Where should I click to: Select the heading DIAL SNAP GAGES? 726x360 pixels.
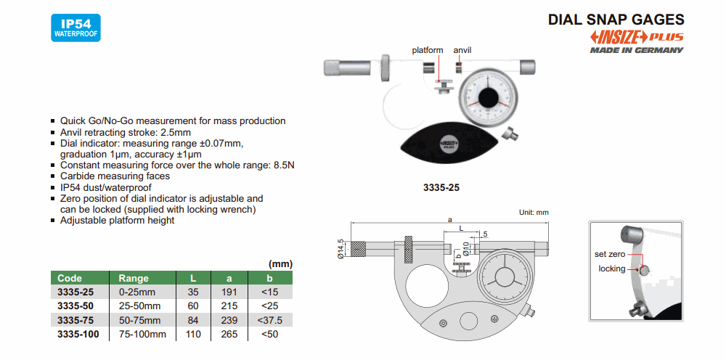pyautogui.click(x=616, y=20)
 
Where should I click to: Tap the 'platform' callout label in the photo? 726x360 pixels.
pyautogui.click(x=427, y=50)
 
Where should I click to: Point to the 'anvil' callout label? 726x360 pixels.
pyautogui.click(x=462, y=50)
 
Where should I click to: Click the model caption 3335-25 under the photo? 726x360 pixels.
pyautogui.click(x=441, y=187)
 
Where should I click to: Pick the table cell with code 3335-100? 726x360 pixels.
pyautogui.click(x=78, y=334)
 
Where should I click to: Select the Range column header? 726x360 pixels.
pyautogui.click(x=133, y=278)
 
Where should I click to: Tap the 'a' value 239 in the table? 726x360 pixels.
pyautogui.click(x=228, y=320)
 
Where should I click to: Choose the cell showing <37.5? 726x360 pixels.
pyautogui.click(x=269, y=320)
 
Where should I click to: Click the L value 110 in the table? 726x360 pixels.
pyautogui.click(x=193, y=334)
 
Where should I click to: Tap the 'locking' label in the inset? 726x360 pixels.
pyautogui.click(x=611, y=269)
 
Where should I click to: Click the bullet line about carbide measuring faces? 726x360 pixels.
pyautogui.click(x=115, y=176)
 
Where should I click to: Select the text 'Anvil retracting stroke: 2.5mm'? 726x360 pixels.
pyautogui.click(x=125, y=132)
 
